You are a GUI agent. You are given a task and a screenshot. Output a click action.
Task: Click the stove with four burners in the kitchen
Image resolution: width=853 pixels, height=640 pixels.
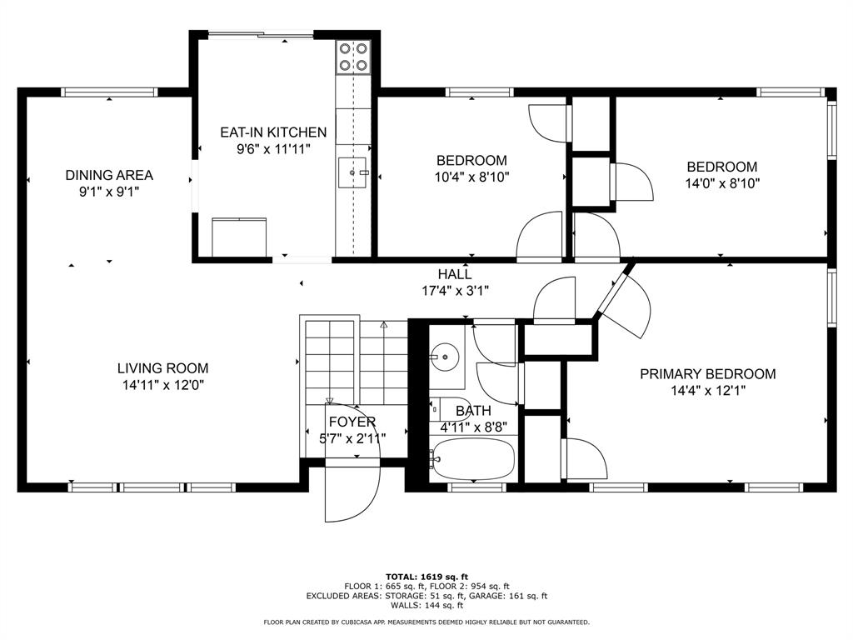[353, 57]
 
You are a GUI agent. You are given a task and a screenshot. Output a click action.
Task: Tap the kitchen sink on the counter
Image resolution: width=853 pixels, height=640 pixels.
[353, 173]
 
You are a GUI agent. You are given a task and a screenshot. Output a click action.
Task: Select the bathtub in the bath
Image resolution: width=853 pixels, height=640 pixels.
[472, 459]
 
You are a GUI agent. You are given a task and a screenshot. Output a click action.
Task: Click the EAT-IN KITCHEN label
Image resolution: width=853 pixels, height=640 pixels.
[273, 132]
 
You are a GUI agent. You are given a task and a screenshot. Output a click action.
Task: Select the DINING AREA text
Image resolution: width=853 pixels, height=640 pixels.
[109, 175]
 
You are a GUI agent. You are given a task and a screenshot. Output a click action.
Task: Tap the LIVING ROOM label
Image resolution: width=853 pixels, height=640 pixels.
[162, 368]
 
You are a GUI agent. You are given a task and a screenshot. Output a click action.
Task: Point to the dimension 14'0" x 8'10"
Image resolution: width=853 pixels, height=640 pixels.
[721, 183]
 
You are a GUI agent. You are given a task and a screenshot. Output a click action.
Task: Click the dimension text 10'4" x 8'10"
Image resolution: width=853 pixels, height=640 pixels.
[471, 177]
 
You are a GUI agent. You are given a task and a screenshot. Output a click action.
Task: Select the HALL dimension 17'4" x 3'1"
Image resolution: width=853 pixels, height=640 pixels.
[455, 291]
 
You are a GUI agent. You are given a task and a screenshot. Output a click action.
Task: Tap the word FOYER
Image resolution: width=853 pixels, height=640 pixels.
[352, 422]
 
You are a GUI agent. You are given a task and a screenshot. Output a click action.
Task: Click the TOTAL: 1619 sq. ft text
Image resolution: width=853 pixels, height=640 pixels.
[426, 576]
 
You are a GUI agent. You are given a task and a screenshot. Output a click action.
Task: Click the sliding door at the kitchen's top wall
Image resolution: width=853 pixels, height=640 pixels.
[261, 35]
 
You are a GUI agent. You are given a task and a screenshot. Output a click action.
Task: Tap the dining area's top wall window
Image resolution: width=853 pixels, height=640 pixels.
[109, 92]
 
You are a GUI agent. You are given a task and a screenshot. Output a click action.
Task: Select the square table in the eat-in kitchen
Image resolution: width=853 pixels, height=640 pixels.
[240, 237]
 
